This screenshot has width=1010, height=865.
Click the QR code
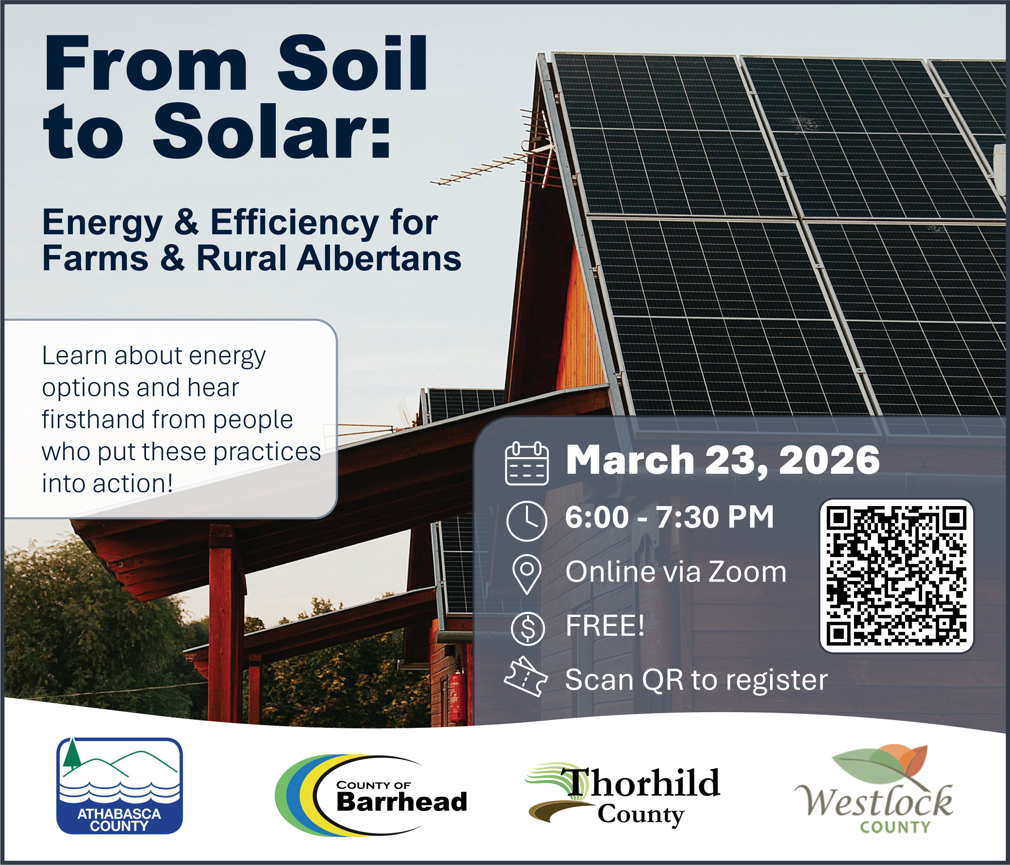pyautogui.click(x=896, y=576)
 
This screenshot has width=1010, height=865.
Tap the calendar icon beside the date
pyautogui.click(x=527, y=463)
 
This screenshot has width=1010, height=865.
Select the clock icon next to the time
pyautogui.click(x=527, y=520)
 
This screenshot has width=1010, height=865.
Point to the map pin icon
pyautogui.click(x=527, y=574)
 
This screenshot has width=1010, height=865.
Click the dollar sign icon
pyautogui.click(x=528, y=629)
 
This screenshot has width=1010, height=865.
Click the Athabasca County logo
pyautogui.click(x=119, y=786)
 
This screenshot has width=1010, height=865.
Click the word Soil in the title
pyautogui.click(x=352, y=63)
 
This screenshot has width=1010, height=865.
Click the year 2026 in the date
pyautogui.click(x=829, y=460)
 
